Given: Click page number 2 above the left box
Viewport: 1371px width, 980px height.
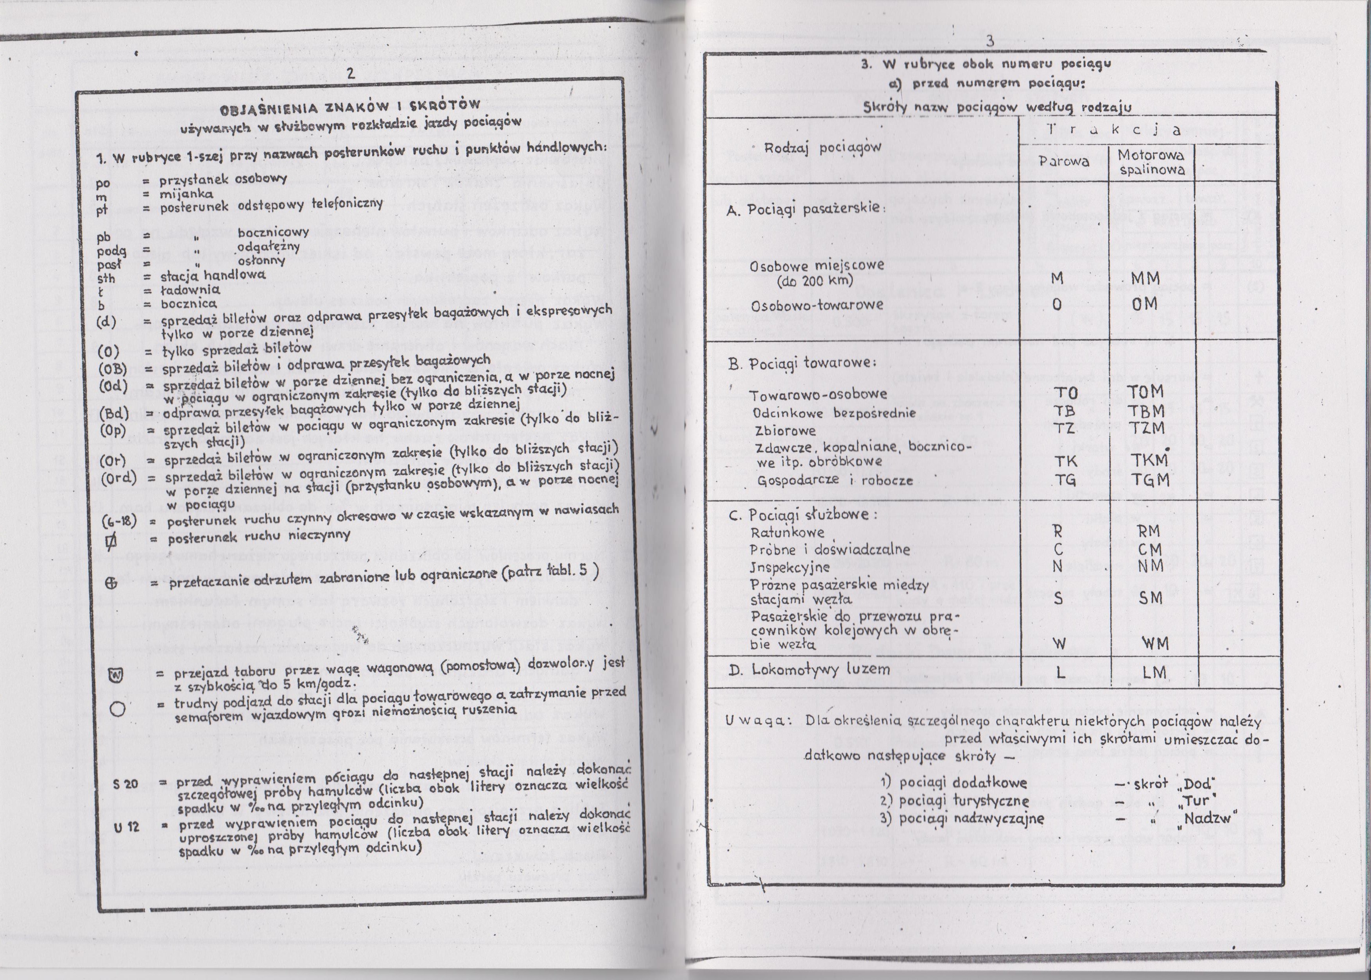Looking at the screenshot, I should tap(350, 75).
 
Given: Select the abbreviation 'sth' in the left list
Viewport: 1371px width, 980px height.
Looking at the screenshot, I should tap(106, 279).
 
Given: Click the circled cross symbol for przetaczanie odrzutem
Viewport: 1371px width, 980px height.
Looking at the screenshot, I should tap(111, 583).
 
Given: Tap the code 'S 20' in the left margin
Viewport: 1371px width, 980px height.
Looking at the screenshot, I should tap(125, 784).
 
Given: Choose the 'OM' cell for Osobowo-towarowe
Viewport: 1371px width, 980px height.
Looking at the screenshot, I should tap(1145, 305).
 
